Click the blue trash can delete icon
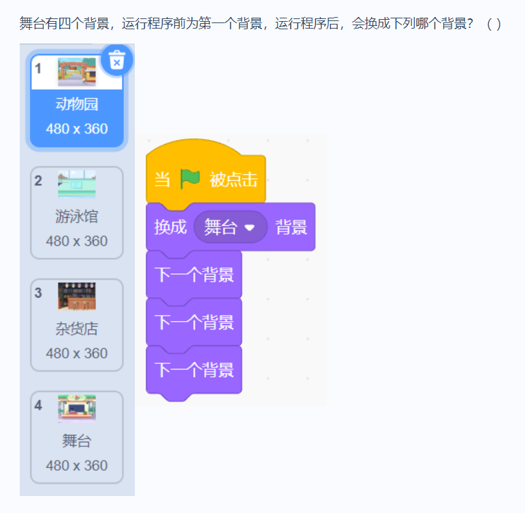pos(116,61)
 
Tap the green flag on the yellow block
pos(190,179)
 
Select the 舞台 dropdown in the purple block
pos(230,227)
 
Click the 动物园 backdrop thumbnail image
pos(77,72)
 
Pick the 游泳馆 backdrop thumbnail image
pos(77,184)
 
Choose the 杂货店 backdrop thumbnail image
pos(77,297)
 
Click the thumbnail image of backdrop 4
pos(77,408)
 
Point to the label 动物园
pos(77,104)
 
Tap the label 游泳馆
pos(77,217)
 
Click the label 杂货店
pos(77,329)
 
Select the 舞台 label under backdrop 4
pos(77,441)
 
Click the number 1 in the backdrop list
pos(39,68)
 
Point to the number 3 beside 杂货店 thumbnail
pos(39,293)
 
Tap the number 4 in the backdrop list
pos(39,405)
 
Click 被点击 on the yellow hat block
pos(234,180)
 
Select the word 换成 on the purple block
pos(170,227)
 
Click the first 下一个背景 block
pos(194,275)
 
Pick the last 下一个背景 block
pos(194,369)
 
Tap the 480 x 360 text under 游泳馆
pos(77,242)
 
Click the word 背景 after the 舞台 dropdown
pos(291,227)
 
